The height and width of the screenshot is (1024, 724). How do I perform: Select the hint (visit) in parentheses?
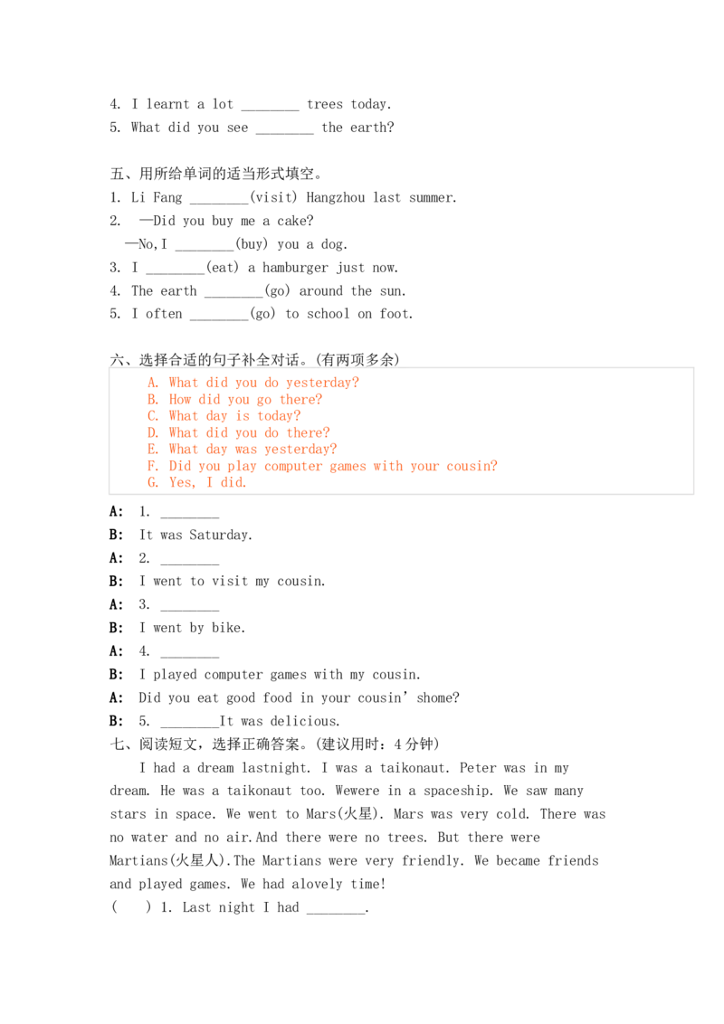[273, 197]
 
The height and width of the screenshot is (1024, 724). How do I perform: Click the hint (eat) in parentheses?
[222, 267]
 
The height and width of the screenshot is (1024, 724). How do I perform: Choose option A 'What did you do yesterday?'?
[252, 383]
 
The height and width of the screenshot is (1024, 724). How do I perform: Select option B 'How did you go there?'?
[234, 399]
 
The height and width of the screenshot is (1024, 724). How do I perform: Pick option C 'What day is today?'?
[224, 416]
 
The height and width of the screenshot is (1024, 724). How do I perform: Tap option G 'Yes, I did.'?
[196, 483]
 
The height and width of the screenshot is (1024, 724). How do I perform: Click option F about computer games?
[322, 466]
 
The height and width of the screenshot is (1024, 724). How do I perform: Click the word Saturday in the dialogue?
[220, 535]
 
